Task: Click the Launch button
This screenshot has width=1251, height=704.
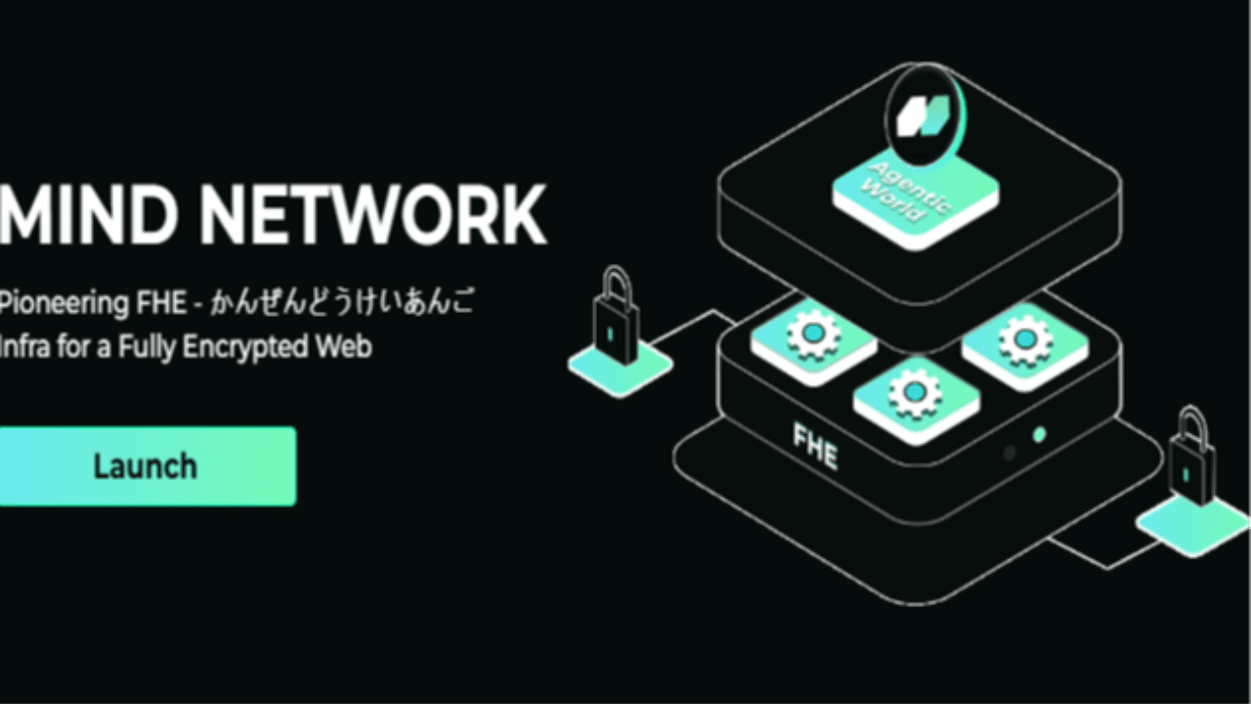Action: point(148,466)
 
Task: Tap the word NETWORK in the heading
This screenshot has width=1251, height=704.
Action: point(373,215)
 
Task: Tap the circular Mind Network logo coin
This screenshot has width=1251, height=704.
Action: point(926,115)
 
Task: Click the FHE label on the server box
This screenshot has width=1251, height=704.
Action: point(815,446)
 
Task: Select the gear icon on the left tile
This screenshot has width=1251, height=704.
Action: point(814,334)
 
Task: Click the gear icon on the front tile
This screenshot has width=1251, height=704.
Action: point(915,393)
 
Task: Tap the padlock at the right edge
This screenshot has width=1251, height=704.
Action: point(1192,456)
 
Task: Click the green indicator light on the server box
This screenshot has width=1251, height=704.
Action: point(1039,435)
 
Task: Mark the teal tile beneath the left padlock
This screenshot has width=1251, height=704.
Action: point(621,369)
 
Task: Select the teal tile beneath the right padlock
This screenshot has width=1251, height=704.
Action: point(1192,526)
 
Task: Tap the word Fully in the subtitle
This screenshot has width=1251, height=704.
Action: point(147,347)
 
